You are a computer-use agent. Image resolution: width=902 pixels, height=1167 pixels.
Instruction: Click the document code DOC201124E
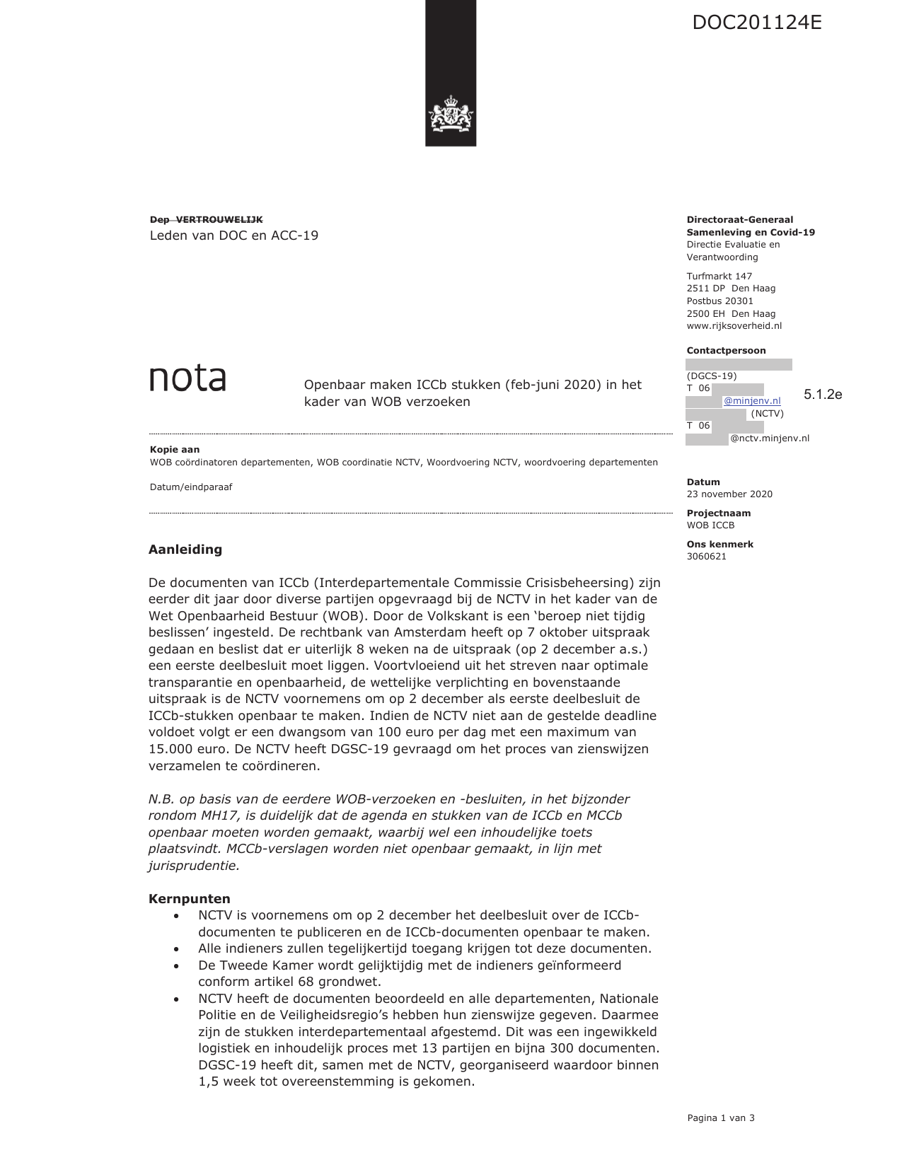[756, 23]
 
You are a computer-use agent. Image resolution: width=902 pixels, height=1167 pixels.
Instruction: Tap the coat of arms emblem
[451, 115]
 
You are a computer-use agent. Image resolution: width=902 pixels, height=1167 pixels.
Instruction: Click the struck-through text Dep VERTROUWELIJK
[206, 220]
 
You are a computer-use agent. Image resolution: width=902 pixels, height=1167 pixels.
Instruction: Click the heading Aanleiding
[185, 550]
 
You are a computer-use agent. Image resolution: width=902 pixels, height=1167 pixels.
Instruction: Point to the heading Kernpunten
[190, 899]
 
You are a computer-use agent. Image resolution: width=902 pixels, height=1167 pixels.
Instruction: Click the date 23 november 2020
[729, 494]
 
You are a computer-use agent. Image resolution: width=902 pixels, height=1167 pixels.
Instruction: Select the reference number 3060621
[707, 557]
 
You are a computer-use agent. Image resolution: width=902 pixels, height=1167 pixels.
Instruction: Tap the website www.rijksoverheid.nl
[734, 326]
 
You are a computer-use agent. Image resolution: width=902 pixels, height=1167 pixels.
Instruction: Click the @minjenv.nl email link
[752, 401]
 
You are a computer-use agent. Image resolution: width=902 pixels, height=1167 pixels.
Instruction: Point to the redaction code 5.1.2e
[823, 395]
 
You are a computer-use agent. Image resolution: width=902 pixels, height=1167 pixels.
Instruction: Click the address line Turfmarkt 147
[719, 277]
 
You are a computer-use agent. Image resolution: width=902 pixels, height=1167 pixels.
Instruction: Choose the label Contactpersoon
[726, 351]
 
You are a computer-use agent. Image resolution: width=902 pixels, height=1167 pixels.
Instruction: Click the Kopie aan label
[175, 450]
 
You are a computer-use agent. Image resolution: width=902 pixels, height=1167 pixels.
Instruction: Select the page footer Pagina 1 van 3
[721, 1118]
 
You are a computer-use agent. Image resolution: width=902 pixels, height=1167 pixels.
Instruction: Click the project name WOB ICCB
[710, 526]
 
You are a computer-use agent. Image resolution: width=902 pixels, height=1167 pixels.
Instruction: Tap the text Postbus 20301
[719, 301]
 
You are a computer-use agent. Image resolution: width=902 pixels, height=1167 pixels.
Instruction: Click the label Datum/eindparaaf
[191, 487]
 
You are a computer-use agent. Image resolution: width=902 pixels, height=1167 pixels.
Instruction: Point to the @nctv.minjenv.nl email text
[770, 439]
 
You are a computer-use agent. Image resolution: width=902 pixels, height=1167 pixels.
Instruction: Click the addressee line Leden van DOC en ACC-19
[234, 236]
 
